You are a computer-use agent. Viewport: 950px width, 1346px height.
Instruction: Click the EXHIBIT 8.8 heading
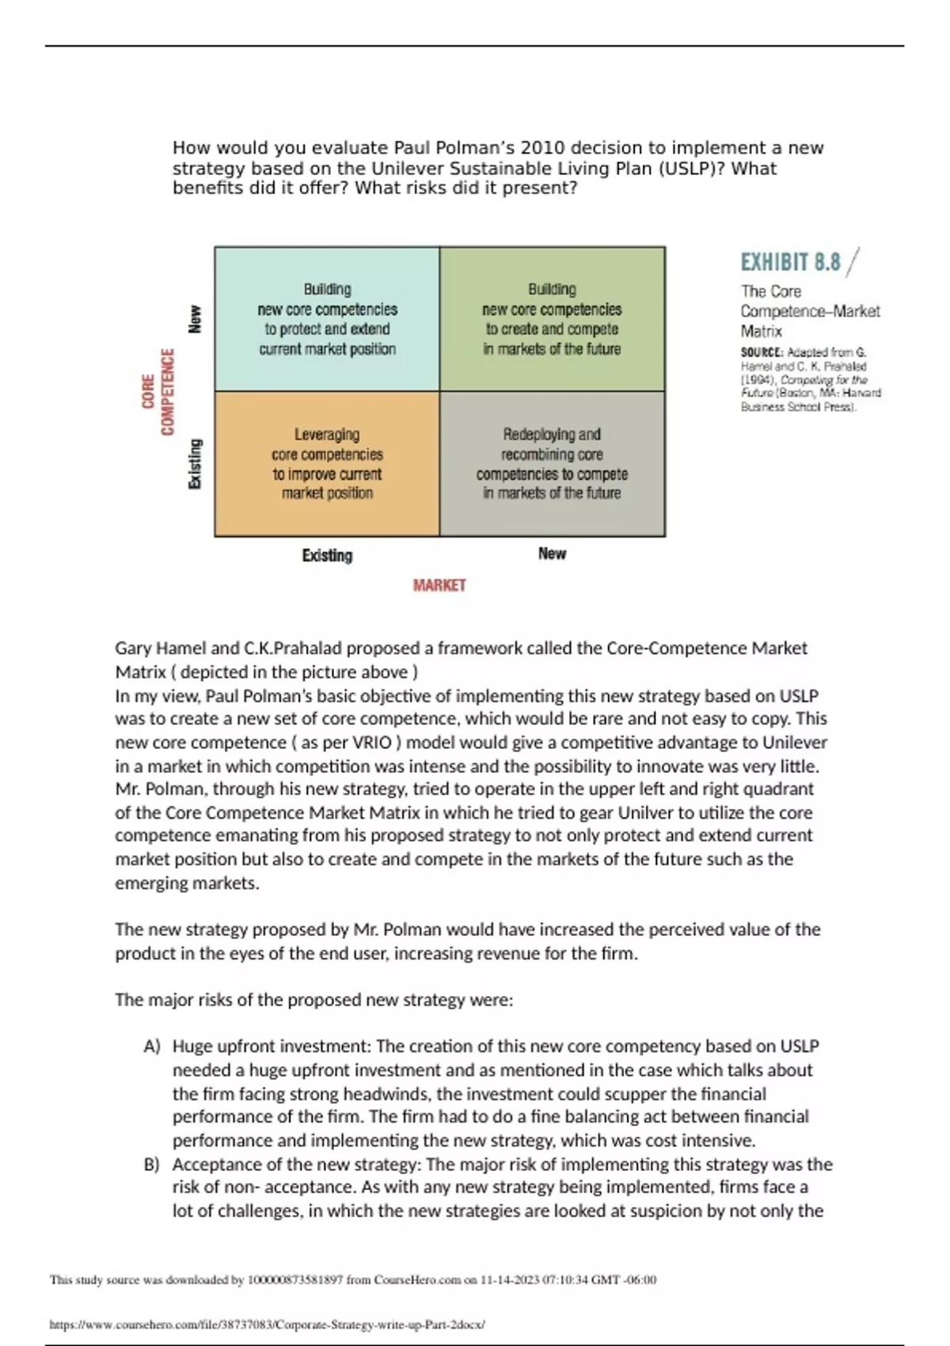(790, 262)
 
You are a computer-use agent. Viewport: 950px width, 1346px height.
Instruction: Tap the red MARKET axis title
(439, 585)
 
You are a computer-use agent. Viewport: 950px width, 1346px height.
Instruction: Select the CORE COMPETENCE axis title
(158, 392)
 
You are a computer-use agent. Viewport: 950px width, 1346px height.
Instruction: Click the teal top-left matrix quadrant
(327, 319)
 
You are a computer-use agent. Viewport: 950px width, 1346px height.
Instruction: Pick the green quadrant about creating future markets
(552, 319)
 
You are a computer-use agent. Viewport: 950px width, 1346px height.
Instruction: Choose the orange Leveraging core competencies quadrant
(327, 464)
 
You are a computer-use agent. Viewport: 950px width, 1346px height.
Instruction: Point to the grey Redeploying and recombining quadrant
(552, 464)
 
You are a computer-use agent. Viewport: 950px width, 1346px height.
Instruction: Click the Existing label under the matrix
(327, 555)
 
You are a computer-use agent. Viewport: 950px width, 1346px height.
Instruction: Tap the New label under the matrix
(552, 553)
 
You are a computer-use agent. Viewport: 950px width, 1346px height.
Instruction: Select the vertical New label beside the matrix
(195, 319)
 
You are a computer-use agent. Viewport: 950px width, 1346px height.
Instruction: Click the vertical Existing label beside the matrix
(195, 464)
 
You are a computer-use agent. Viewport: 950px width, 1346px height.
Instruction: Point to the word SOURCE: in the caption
(762, 352)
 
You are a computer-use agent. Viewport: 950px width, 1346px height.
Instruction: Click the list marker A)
(152, 1047)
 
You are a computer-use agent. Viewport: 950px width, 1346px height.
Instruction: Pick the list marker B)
(152, 1165)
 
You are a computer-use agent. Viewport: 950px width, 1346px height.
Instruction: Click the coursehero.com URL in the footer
(267, 1324)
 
